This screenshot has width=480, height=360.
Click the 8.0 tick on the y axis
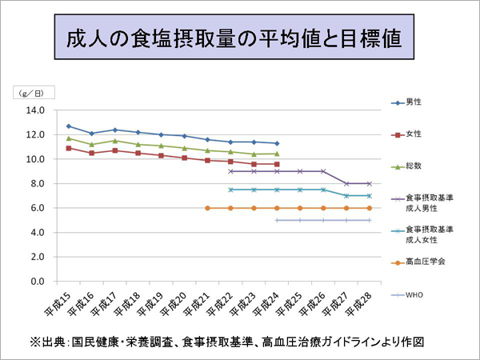[x=37, y=184]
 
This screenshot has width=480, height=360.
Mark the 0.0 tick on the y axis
[x=37, y=282]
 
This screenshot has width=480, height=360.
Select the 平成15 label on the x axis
[x=60, y=302]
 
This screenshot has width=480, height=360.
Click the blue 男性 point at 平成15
[x=69, y=126]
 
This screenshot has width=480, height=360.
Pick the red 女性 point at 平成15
[x=69, y=148]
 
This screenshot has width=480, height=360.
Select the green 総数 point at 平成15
[x=69, y=138]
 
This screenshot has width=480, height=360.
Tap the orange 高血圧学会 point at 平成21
[x=207, y=208]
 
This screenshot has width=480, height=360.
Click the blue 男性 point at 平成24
[x=277, y=143]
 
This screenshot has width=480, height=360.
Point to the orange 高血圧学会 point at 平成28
[x=369, y=208]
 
